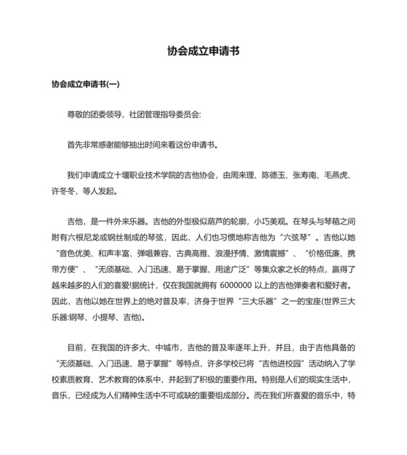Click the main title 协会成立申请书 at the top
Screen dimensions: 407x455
(x=203, y=52)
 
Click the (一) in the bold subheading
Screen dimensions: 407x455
(x=112, y=84)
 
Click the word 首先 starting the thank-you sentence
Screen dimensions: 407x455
(x=75, y=145)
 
